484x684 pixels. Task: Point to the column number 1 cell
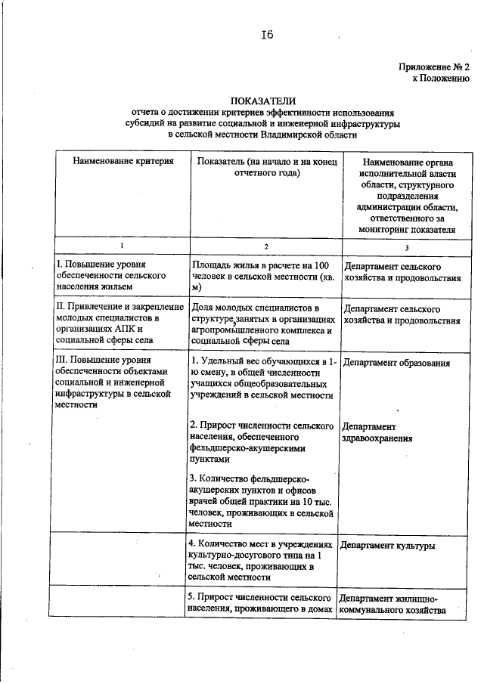point(120,247)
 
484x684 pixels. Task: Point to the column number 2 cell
point(265,247)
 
